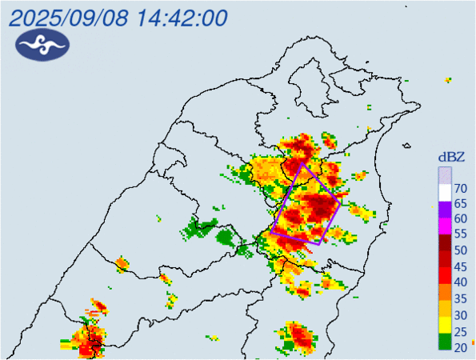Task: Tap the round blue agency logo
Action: point(42,47)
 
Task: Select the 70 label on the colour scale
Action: point(461,189)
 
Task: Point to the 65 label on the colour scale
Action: point(461,204)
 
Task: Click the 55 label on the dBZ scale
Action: point(461,235)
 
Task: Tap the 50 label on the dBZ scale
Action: point(461,250)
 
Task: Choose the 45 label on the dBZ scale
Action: point(461,266)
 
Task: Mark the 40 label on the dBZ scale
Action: point(461,282)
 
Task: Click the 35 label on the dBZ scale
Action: point(461,298)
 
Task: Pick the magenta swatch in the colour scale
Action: point(445,229)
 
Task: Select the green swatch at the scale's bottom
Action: point(445,342)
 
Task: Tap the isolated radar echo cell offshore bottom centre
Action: point(299,337)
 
